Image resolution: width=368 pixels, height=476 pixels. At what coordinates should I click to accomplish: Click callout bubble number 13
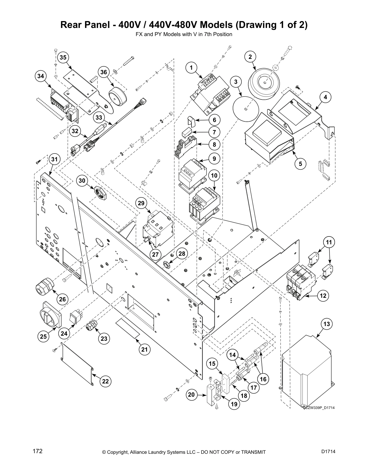[327, 324]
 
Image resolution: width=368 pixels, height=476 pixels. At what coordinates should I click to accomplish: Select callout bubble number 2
[250, 56]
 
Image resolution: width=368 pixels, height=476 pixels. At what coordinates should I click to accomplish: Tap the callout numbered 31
[54, 159]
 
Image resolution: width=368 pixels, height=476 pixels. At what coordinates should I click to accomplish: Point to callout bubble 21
[145, 349]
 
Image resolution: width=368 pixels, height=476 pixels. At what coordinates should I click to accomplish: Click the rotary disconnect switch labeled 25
[51, 315]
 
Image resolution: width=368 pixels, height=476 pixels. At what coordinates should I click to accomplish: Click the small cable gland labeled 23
[91, 326]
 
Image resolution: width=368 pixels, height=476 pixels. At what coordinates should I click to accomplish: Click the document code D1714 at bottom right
[328, 452]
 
